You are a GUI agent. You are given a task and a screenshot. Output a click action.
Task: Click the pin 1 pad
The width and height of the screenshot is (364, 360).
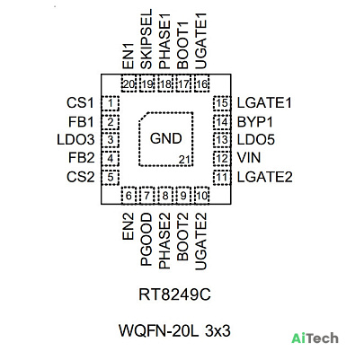coord(111,103)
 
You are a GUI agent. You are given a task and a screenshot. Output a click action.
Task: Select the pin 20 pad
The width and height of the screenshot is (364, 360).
coord(129,84)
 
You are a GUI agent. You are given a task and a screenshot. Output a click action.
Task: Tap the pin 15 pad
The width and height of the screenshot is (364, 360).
coord(222,103)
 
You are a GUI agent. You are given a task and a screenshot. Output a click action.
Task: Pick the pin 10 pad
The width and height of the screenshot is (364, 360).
coord(202,196)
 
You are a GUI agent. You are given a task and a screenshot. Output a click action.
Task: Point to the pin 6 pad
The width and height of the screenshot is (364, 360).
coord(129,196)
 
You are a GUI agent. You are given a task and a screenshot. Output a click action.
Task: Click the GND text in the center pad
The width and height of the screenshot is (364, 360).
coord(166,138)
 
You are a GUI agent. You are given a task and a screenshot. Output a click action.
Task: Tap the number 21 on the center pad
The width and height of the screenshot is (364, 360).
coord(184,160)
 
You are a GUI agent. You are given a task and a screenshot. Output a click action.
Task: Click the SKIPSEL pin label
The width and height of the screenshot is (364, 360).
coord(146,40)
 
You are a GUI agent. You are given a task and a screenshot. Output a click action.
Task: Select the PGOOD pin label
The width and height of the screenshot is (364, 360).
coord(146,240)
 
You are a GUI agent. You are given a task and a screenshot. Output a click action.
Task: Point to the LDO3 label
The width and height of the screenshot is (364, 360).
coord(75,140)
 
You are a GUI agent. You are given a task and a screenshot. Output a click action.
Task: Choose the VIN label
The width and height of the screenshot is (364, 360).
coord(249,158)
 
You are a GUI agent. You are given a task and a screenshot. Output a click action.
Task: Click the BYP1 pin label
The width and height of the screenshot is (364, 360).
coord(255,122)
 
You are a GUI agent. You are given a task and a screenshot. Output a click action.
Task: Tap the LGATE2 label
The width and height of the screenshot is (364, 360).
coord(264,177)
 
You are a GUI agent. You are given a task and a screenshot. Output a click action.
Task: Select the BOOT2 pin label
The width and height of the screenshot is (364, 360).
coord(183,237)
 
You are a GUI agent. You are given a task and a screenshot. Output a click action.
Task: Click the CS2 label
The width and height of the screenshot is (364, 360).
coord(81,177)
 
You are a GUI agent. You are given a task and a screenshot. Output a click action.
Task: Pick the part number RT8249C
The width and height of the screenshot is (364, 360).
coord(174,294)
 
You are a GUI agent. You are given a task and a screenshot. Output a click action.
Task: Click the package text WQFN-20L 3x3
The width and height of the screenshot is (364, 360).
coord(174,331)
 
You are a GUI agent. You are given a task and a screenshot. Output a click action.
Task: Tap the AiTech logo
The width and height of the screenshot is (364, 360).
coord(315,338)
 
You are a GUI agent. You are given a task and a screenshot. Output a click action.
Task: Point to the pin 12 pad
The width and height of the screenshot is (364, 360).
coord(222,158)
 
